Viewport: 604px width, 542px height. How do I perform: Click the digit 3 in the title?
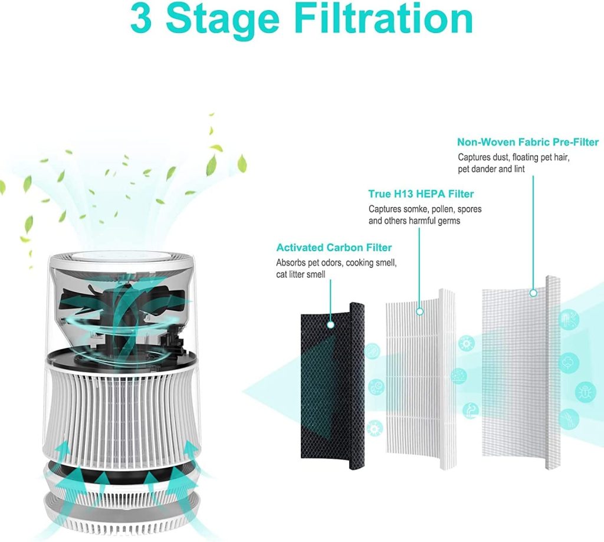pos(142,19)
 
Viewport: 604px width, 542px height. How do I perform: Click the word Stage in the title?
pos(222,21)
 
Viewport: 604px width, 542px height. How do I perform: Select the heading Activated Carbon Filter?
pos(334,247)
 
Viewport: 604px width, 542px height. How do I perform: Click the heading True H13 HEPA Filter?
pos(421,194)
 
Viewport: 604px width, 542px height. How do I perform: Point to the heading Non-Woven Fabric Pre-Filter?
pos(528,142)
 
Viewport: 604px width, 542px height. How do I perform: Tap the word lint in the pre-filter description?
pos(519,169)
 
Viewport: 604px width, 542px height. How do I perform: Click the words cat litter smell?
pos(300,274)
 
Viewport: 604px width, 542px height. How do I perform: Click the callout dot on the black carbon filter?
pos(330,325)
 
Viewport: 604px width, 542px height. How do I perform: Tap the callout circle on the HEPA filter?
pos(420,311)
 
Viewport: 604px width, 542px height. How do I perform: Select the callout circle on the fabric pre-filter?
pos(533,293)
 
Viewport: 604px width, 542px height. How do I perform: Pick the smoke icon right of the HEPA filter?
pos(470,410)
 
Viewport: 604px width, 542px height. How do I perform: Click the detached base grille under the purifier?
pos(122,513)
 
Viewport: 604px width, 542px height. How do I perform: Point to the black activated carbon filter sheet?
pos(332,386)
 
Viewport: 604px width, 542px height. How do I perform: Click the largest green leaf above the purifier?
pos(212,165)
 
